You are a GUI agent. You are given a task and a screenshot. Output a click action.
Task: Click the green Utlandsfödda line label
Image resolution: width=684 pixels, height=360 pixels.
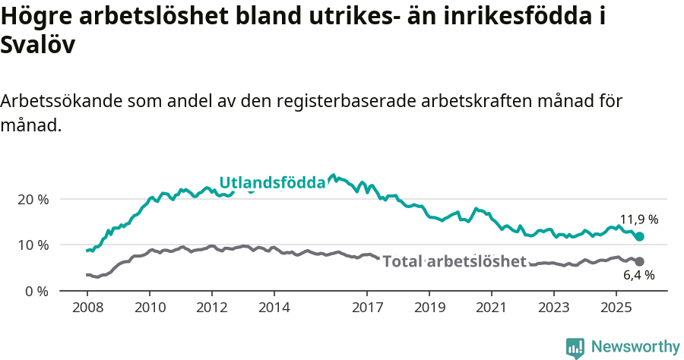pos(272,182)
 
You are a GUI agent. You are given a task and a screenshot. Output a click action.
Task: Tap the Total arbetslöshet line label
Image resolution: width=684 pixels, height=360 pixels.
pos(454,262)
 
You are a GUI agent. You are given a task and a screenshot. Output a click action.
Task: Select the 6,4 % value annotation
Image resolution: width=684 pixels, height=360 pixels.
pos(639,275)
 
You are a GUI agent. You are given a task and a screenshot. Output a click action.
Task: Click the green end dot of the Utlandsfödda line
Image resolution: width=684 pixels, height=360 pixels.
pos(640,237)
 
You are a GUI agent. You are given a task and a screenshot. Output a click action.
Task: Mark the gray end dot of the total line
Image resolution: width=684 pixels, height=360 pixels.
pos(640,261)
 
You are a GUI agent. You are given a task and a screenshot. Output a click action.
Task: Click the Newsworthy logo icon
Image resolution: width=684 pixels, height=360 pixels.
pos(575,348)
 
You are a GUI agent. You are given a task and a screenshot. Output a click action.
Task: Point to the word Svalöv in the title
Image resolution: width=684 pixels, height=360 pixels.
pos(38,46)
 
